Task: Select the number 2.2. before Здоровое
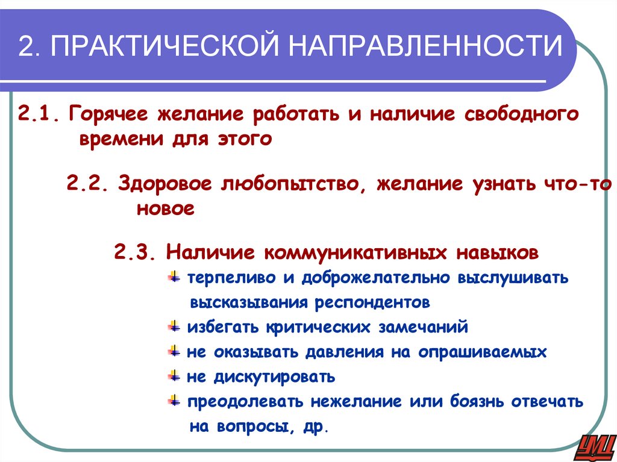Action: coord(88,184)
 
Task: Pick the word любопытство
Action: coord(289,184)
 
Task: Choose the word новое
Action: coord(166,209)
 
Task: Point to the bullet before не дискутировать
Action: coord(174,376)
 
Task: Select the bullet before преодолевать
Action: coord(174,400)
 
